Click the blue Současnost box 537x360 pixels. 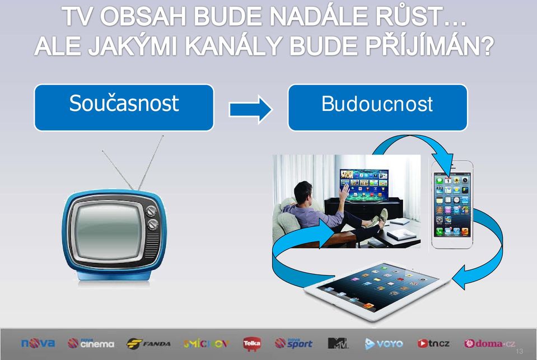point(124,107)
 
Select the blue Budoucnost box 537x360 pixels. point(378,107)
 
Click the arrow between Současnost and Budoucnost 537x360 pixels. point(250,110)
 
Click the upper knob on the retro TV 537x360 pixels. point(151,211)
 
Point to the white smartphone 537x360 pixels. point(452,205)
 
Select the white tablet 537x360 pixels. point(377,291)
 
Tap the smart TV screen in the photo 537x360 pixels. point(364,185)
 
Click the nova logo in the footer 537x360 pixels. point(38,343)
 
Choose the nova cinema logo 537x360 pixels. point(91,343)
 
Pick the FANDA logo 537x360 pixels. point(148,344)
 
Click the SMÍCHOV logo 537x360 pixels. point(206,344)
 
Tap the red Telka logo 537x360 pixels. point(252,344)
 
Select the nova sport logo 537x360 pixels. point(294,343)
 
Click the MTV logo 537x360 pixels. point(337,343)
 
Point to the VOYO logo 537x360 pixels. point(384,344)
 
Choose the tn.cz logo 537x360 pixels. point(433,343)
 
